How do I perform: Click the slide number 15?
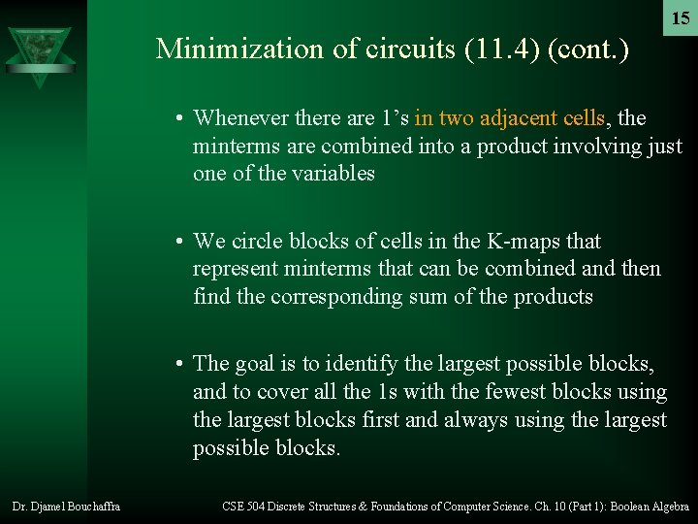(681, 18)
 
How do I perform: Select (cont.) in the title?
(588, 49)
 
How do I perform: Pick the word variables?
(329, 174)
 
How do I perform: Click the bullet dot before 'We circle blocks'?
(180, 242)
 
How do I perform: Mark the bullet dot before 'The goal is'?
(180, 365)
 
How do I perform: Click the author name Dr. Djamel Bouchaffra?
(66, 507)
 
